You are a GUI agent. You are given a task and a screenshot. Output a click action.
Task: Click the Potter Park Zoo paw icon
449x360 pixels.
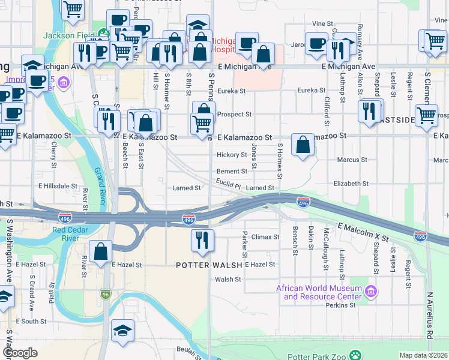(x=356, y=355)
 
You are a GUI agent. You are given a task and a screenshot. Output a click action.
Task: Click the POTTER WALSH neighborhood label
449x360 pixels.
(x=209, y=265)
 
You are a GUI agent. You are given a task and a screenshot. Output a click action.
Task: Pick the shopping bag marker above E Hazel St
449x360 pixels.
(x=101, y=251)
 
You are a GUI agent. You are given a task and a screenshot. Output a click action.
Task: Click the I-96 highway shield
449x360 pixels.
(x=105, y=294)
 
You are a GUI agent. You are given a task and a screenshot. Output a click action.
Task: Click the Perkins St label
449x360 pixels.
(x=340, y=305)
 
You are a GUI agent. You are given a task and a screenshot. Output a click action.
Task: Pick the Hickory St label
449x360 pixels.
(x=232, y=155)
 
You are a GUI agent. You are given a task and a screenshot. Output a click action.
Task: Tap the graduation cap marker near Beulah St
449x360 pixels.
(x=122, y=332)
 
